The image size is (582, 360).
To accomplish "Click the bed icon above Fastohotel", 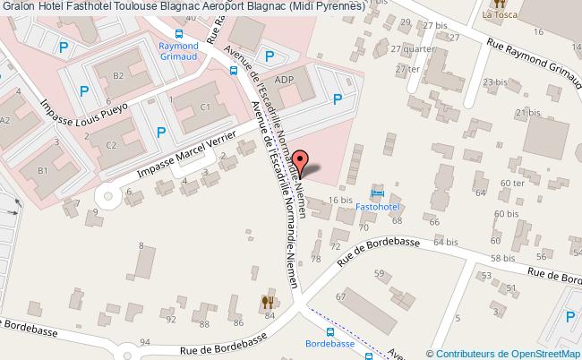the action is tap(377, 193).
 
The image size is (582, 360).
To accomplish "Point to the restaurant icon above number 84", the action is tap(266, 302).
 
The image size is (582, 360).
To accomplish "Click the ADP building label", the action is tap(285, 79).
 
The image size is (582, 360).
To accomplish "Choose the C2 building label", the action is tap(111, 144).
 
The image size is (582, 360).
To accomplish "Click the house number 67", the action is tap(340, 296).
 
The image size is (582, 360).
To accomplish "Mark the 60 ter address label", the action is tap(512, 184).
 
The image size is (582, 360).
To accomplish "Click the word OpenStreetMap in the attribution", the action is tap(545, 354).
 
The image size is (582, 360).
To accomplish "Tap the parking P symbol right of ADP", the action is tap(338, 101).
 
